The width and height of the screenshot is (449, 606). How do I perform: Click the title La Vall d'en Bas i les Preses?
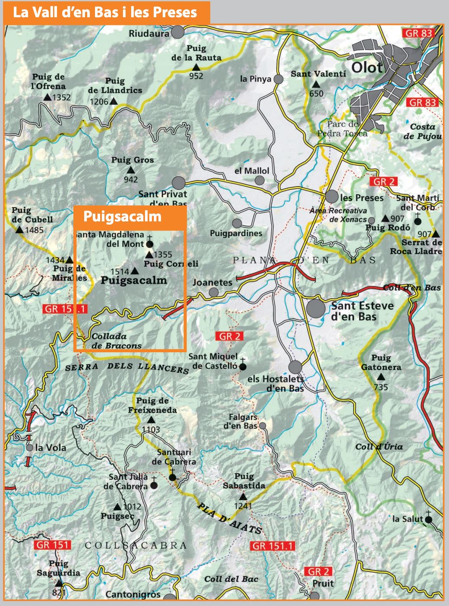click(x=105, y=12)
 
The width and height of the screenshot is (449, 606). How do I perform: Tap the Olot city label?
click(x=367, y=67)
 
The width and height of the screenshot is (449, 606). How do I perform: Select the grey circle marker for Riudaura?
click(x=177, y=32)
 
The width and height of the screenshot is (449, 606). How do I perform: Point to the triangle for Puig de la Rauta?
click(x=196, y=67)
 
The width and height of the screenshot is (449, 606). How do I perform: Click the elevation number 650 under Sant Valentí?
click(x=316, y=94)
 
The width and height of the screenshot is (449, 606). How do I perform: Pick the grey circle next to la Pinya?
click(x=278, y=79)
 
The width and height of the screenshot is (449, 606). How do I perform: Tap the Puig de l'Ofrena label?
click(x=48, y=82)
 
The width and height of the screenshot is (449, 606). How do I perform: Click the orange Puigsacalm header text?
click(x=122, y=216)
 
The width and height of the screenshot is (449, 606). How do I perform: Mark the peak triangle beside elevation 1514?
click(x=134, y=271)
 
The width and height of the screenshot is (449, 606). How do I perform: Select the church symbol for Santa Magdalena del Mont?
click(x=150, y=243)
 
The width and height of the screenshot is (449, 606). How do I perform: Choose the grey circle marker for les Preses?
click(x=332, y=196)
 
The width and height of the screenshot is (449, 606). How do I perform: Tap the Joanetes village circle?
click(x=214, y=292)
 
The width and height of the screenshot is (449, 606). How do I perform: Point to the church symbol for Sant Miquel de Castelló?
click(x=243, y=366)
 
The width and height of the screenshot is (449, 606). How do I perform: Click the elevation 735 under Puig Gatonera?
click(x=381, y=387)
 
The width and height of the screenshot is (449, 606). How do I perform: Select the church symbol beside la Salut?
click(x=428, y=519)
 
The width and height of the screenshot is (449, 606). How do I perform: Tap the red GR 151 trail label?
click(x=52, y=545)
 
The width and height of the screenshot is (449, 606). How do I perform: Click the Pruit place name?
click(x=323, y=584)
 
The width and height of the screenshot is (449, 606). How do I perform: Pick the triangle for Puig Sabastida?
click(x=243, y=497)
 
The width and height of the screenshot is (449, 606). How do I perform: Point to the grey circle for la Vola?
click(x=29, y=448)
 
